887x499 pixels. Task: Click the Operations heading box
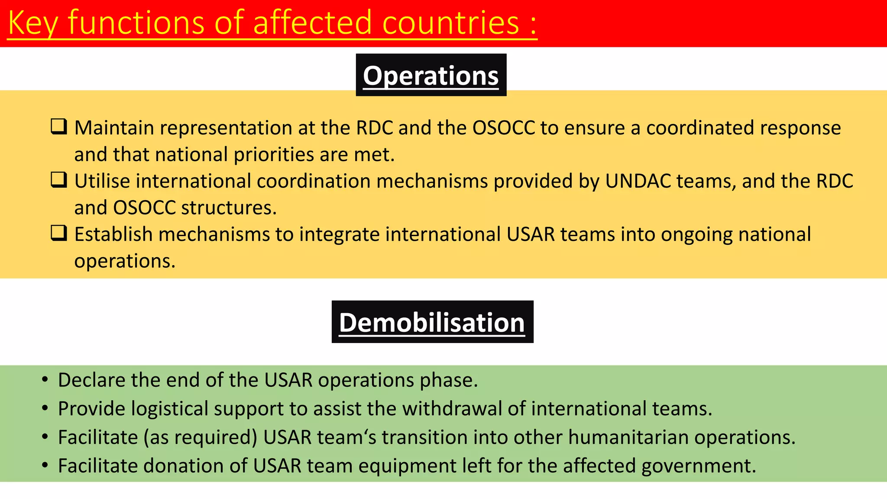coord(431,75)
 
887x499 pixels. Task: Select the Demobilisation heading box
coord(432,322)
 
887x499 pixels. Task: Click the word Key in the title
coord(32,23)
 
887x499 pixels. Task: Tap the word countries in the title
coord(450,23)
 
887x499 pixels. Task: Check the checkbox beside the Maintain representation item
coord(59,126)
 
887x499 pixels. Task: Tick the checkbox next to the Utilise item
coord(59,180)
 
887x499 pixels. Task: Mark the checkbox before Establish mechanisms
coord(59,233)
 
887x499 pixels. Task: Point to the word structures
coord(229,208)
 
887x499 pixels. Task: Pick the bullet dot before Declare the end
coord(45,380)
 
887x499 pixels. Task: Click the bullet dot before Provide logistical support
coord(45,408)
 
